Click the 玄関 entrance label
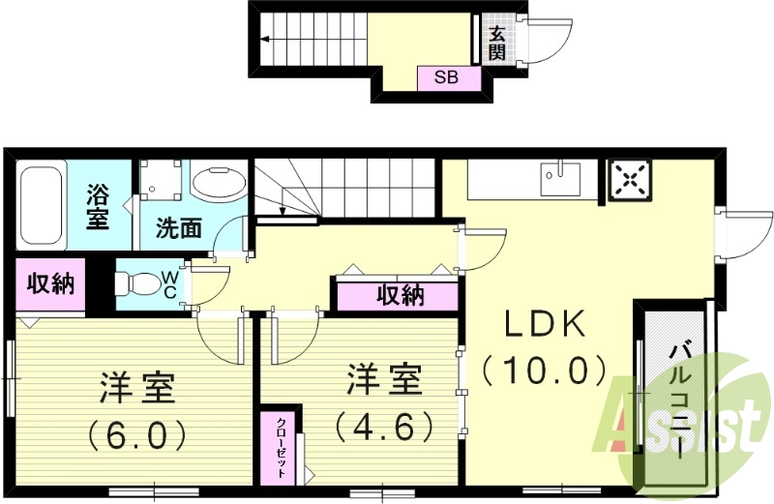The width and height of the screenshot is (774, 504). click(x=496, y=43)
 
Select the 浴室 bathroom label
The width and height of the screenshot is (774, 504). click(x=98, y=206)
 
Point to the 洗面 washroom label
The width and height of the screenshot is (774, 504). click(x=179, y=228)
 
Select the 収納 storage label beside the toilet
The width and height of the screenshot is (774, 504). click(x=49, y=284)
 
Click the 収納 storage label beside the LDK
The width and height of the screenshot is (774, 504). click(x=400, y=295)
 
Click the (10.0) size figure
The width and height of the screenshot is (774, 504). click(x=547, y=370)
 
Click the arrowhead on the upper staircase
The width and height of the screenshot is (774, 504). click(x=263, y=40)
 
